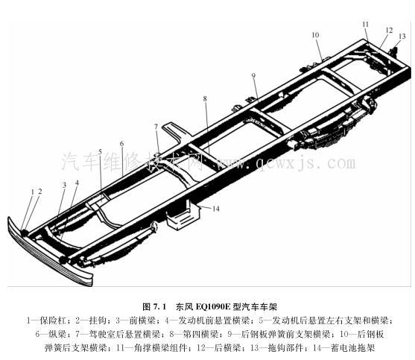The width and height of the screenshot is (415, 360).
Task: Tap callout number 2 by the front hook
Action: [40, 192]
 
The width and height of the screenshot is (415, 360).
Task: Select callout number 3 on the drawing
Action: [64, 185]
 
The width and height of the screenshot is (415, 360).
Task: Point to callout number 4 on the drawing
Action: [77, 183]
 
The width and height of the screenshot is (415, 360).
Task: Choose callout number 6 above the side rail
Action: [121, 143]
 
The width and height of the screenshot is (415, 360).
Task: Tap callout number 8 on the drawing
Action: [204, 98]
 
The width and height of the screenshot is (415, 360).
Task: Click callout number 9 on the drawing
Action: [253, 76]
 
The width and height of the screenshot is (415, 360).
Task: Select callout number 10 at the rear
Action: [315, 35]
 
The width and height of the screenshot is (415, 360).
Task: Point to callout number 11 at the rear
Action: [366, 25]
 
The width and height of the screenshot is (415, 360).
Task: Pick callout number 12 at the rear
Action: [388, 30]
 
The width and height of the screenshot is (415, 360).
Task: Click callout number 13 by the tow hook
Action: [402, 36]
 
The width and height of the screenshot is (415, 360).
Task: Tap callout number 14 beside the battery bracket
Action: [216, 209]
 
